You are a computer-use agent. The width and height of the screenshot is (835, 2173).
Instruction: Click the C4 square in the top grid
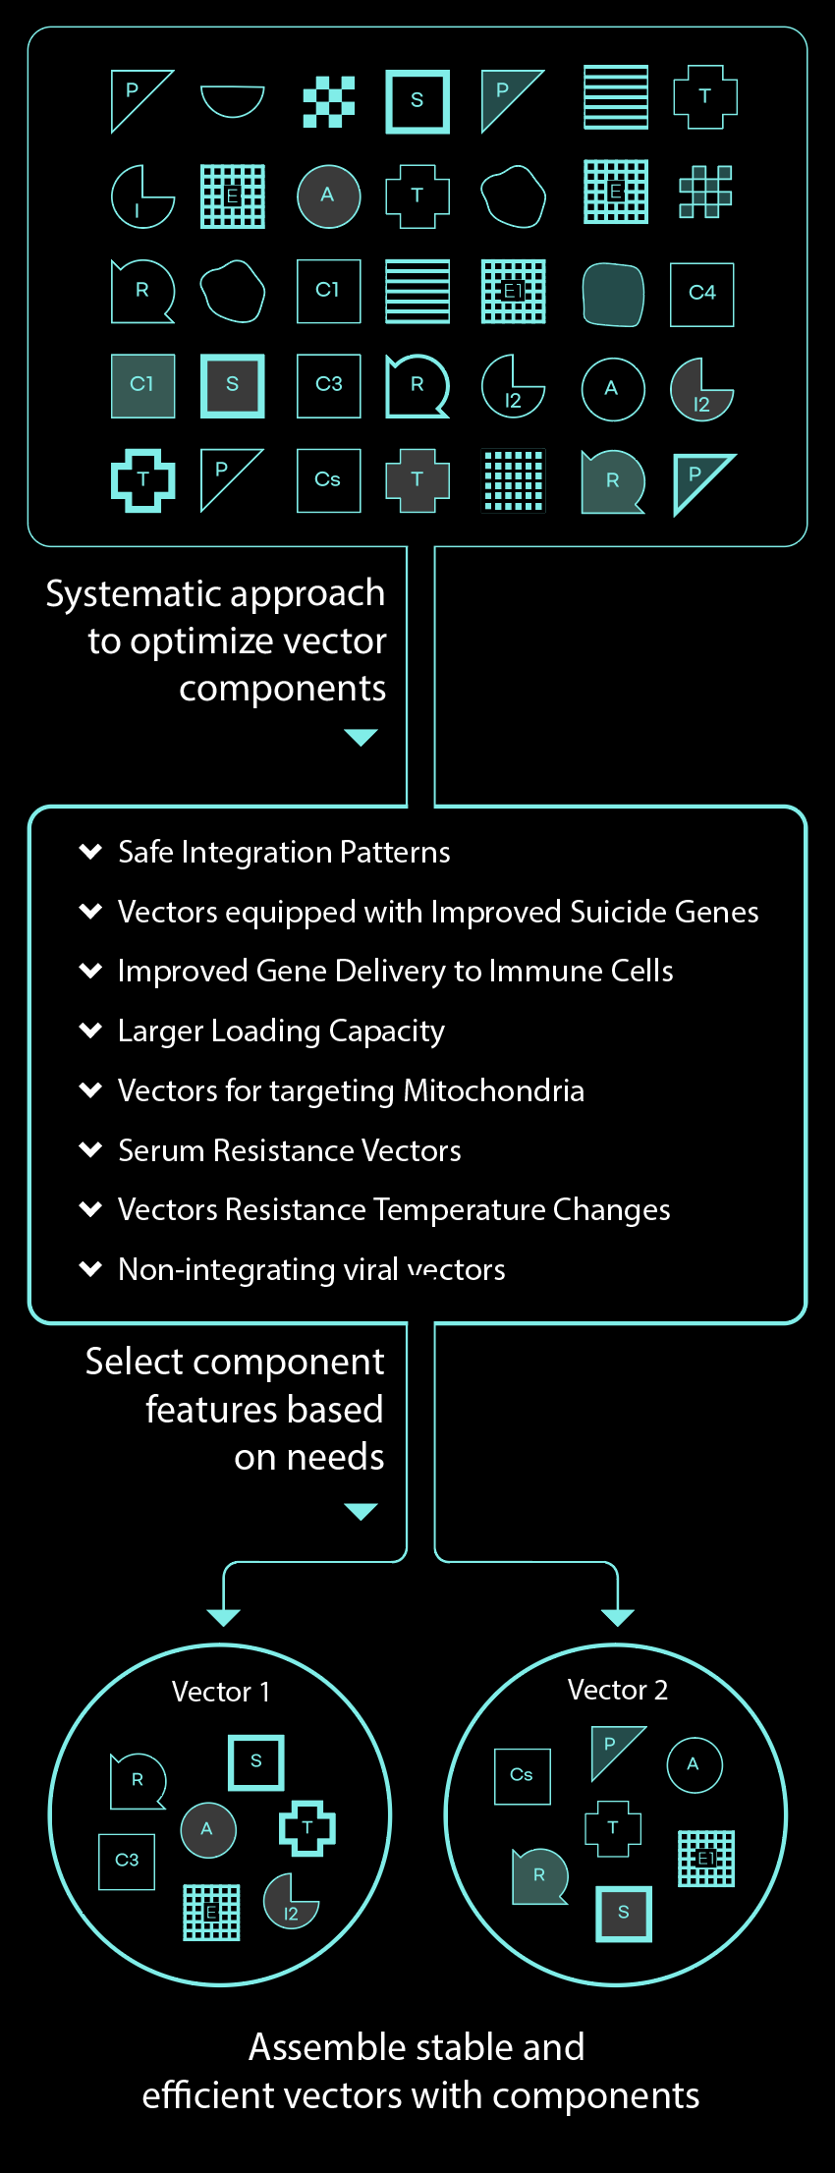click(x=701, y=294)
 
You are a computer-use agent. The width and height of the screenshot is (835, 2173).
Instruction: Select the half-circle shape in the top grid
click(x=232, y=100)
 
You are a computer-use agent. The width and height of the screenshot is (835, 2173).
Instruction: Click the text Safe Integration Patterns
click(x=284, y=852)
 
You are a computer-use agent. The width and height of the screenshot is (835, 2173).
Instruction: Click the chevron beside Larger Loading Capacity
click(x=90, y=1030)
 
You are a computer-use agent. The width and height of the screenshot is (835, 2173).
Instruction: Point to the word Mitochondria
click(x=493, y=1090)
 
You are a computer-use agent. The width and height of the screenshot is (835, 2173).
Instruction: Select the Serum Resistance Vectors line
click(x=290, y=1150)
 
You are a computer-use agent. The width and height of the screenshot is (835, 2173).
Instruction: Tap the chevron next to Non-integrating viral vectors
click(x=90, y=1268)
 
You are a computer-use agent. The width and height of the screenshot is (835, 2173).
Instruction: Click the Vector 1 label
click(x=221, y=1692)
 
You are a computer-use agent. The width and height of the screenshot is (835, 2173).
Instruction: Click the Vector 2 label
click(x=618, y=1690)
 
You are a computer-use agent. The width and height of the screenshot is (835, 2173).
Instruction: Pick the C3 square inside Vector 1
click(x=127, y=1862)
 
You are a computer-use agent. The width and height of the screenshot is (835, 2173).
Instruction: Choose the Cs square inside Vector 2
click(x=523, y=1776)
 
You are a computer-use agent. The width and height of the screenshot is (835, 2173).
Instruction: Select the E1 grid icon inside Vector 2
click(x=706, y=1859)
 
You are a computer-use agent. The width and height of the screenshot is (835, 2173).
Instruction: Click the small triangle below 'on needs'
click(x=362, y=1511)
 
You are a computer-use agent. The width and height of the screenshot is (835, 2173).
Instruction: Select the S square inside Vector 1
click(x=256, y=1762)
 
